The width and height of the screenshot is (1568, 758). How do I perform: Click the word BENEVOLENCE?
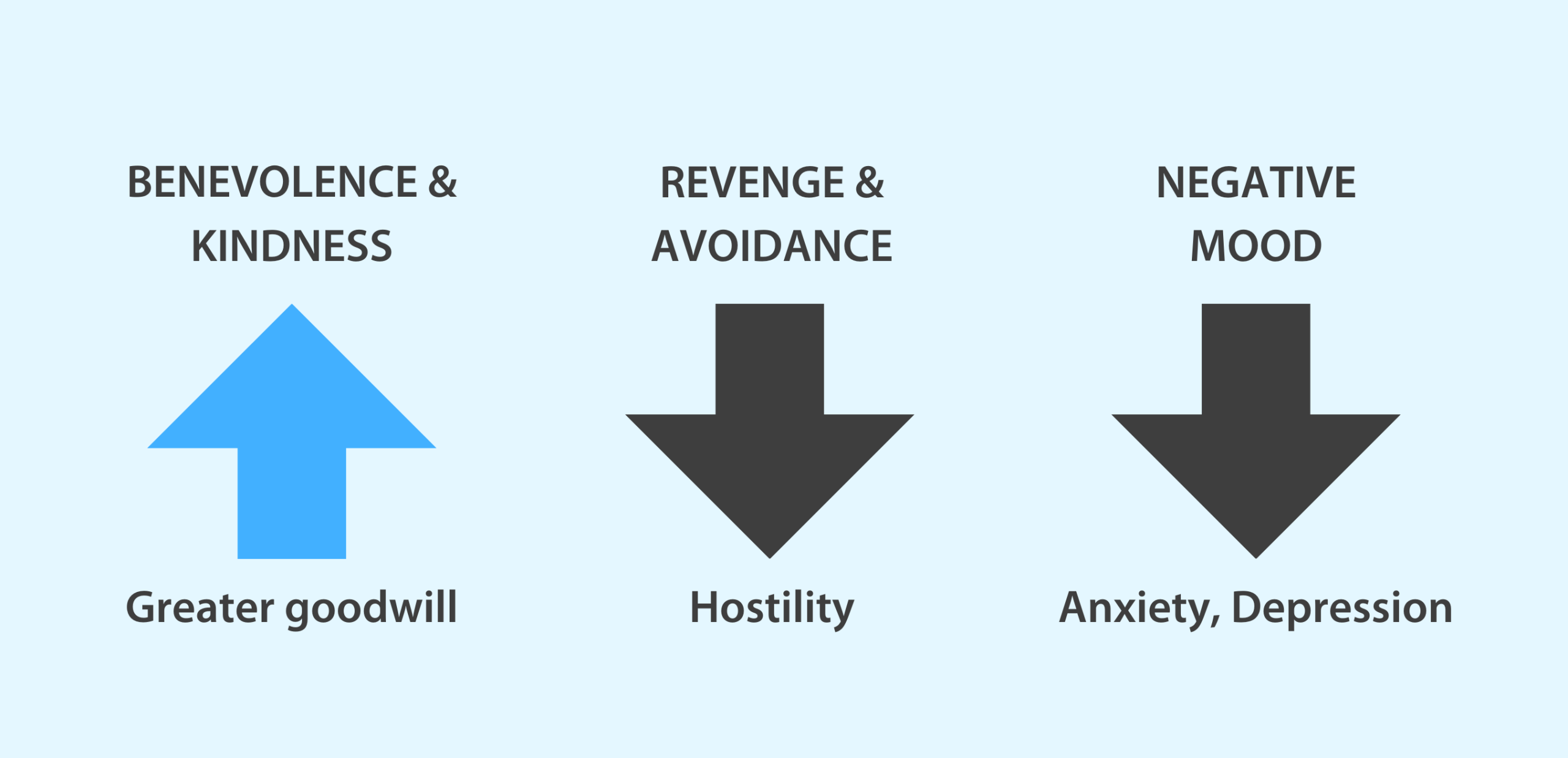click(x=272, y=182)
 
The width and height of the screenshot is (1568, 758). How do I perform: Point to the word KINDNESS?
click(x=292, y=246)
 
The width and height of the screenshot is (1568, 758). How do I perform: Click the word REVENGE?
click(x=752, y=182)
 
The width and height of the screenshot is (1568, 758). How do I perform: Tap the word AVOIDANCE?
click(x=772, y=246)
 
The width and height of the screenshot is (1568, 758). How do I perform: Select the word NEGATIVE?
click(x=1256, y=182)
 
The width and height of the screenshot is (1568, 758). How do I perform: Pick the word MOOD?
click(x=1256, y=246)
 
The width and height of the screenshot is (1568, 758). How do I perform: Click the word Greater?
click(x=200, y=607)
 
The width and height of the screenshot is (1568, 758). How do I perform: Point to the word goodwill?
click(x=372, y=610)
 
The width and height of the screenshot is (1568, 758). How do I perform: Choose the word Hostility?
click(x=772, y=610)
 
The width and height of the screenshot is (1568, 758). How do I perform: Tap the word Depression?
click(x=1342, y=610)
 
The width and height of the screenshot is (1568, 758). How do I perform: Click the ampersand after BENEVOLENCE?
click(x=442, y=182)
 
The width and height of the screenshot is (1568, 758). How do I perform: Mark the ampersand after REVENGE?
click(x=870, y=182)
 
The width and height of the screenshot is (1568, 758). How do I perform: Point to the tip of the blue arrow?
click(x=292, y=304)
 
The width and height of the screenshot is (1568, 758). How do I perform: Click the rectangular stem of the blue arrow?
click(x=292, y=503)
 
